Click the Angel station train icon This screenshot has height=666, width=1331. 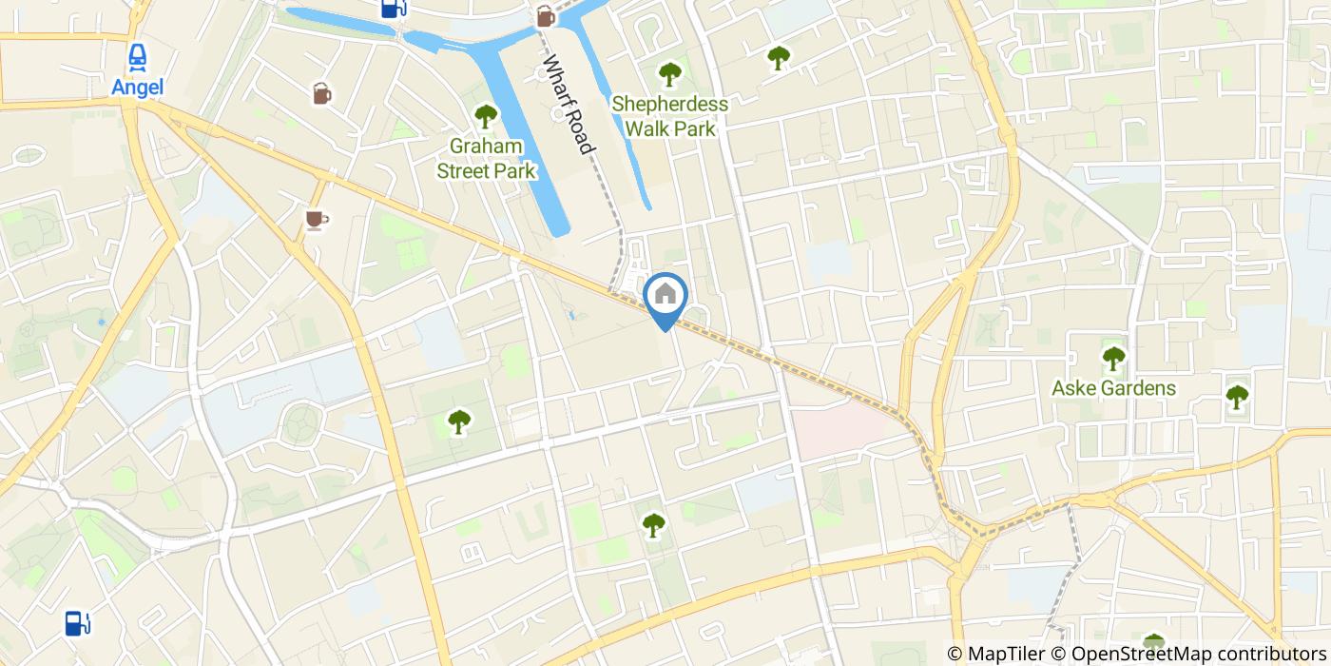[138, 57]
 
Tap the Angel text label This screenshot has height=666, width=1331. [138, 87]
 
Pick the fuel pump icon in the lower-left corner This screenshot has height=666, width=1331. [78, 623]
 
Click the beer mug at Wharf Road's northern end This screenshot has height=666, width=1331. [545, 15]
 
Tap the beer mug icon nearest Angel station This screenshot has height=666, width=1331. [321, 93]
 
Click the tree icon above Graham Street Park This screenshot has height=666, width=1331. [486, 117]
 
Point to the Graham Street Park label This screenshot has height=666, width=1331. [486, 159]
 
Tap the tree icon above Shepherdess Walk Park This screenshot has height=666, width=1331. [670, 73]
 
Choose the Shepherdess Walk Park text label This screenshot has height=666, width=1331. [670, 115]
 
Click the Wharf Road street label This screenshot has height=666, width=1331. [569, 105]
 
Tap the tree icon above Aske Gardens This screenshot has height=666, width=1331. [1113, 359]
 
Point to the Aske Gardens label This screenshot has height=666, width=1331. [1113, 388]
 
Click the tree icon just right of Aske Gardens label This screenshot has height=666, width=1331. [1236, 396]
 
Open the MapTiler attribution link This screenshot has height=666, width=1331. [995, 654]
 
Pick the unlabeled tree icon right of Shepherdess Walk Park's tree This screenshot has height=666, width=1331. [779, 58]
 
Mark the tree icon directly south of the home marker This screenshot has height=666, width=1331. [653, 524]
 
